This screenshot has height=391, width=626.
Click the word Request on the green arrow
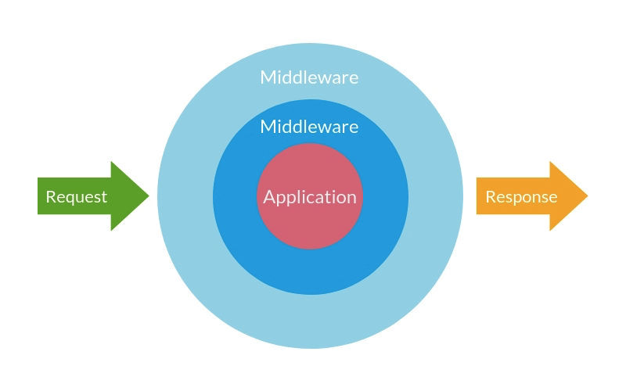76,197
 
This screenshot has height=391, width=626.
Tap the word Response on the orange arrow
521,197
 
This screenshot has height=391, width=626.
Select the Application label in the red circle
310,197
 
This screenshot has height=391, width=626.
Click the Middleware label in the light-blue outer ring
310,77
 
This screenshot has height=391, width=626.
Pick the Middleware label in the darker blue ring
310,127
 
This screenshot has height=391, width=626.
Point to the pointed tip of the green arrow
148,196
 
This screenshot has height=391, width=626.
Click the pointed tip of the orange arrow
587,196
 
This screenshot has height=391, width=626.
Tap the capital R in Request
51,197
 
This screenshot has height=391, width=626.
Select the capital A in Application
269,197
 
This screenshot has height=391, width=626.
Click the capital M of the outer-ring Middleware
268,77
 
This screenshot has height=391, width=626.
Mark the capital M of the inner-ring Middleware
268,127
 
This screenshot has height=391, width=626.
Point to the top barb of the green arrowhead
112,163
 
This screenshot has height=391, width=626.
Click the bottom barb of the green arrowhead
112,230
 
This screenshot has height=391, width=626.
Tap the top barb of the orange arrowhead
551,163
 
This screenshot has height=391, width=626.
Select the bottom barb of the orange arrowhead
551,230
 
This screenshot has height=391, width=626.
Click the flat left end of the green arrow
38,196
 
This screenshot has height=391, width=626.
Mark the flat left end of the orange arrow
477,196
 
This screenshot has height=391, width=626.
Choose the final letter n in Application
351,198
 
